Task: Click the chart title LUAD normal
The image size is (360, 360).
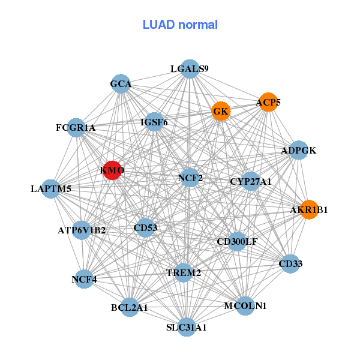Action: coord(180,25)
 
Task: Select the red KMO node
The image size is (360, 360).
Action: coord(113,170)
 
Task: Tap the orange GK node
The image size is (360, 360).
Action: coord(221,111)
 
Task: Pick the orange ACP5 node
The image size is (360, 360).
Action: coord(268,103)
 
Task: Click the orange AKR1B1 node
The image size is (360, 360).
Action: coord(309,209)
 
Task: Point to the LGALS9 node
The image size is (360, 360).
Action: coord(190,69)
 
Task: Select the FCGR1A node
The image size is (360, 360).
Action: coord(76,127)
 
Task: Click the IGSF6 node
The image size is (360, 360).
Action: coord(154,122)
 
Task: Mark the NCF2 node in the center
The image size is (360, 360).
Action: coord(190,178)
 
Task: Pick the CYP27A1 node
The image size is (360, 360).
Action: coord(251,181)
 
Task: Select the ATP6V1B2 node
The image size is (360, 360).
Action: coord(82,230)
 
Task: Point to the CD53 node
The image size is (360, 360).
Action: coord(145,227)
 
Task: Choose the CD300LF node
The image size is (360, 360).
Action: coord(237,242)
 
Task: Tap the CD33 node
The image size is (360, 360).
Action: coord(290,263)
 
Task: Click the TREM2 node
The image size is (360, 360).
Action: coord(183,272)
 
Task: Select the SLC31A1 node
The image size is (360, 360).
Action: coord(187,327)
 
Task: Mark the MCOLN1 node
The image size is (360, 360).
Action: coord(245,306)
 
